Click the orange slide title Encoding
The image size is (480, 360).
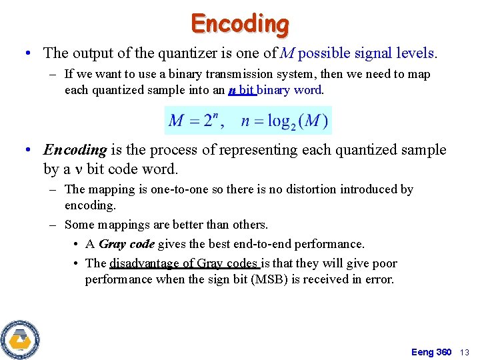[240, 23]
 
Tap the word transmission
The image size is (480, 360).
[229, 74]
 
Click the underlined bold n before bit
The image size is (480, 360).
[231, 90]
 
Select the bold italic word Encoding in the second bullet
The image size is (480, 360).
[75, 150]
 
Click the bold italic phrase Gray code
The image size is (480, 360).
[127, 244]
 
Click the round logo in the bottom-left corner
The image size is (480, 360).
[20, 339]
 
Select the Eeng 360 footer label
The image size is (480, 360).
[431, 352]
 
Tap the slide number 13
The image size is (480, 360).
[465, 352]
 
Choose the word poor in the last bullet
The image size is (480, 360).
[384, 263]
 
